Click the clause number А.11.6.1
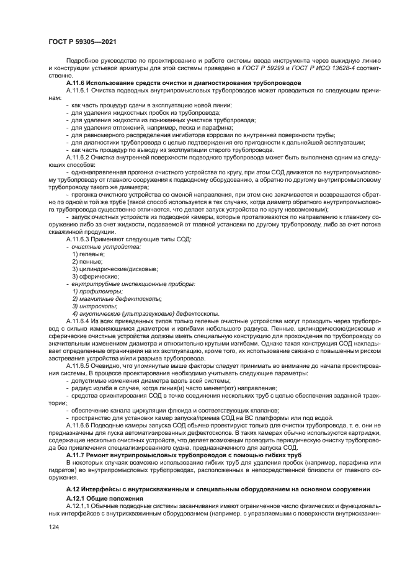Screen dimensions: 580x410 [78, 90]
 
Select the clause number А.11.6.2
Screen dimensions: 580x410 [78, 156]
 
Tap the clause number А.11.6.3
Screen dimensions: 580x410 [78, 239]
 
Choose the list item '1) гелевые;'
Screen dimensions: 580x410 [88, 254]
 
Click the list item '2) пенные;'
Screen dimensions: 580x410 [87, 262]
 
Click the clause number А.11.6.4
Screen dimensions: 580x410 [78, 321]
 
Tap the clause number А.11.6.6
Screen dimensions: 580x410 [78, 426]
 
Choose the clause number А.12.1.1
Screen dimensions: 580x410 [78, 506]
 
